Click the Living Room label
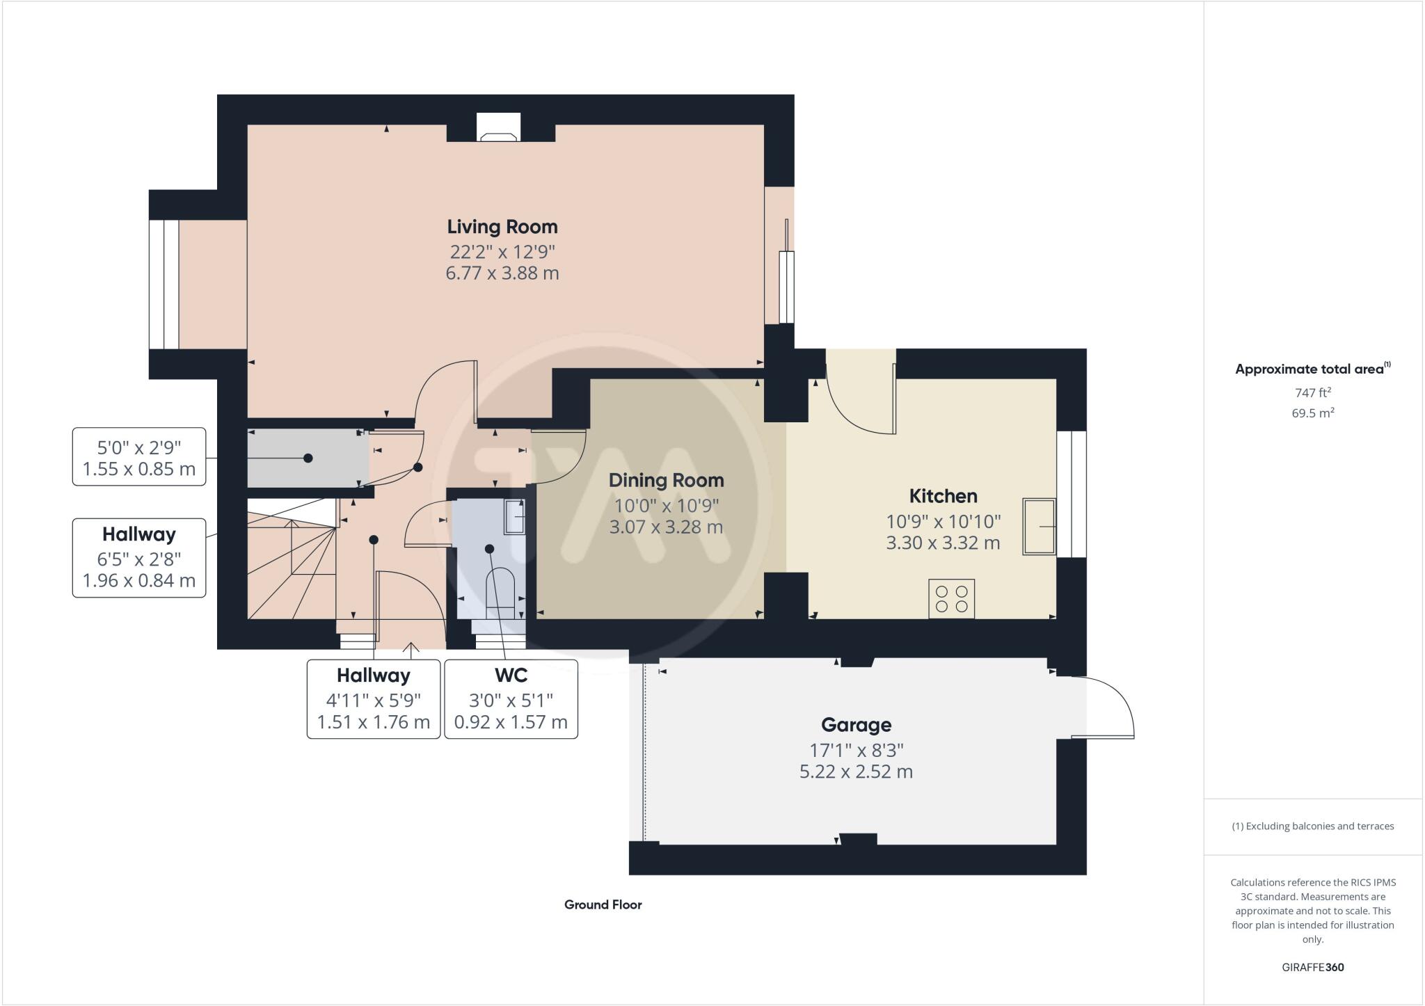[502, 227]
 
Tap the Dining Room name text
[666, 480]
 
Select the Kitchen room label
[943, 496]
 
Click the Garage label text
[856, 725]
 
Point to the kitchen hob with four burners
[951, 599]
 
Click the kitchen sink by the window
[1038, 527]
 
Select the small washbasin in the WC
[514, 517]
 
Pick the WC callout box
[511, 698]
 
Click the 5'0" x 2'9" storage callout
[139, 456]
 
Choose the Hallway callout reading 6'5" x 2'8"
[139, 557]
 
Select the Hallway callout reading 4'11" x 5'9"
[374, 698]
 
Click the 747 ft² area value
[1312, 392]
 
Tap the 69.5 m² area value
[1312, 413]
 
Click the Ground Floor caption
[603, 904]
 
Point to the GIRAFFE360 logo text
[1312, 967]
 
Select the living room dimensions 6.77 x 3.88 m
[502, 273]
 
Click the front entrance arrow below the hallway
[411, 650]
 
